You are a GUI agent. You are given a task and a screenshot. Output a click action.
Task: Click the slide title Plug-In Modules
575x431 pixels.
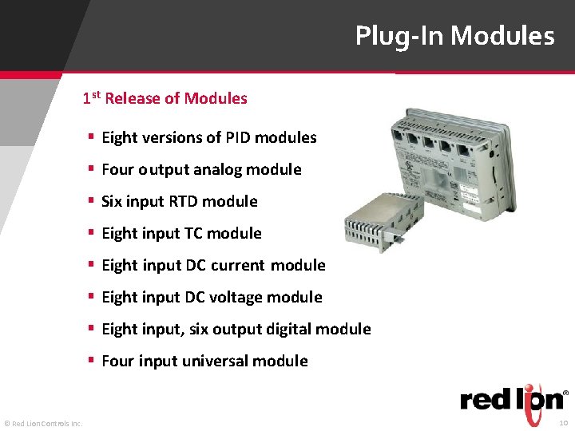pos(454,36)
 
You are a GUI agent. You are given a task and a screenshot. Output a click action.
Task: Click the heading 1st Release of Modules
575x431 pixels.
pos(165,99)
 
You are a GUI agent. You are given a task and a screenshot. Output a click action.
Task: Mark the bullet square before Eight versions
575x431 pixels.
pos(92,137)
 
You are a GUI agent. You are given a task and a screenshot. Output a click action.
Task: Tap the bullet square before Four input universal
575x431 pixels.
pos(92,361)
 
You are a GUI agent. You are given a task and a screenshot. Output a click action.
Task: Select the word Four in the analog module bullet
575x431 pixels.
pos(117,169)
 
